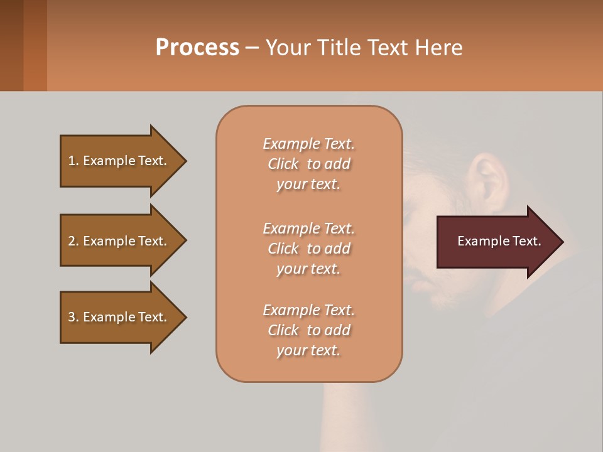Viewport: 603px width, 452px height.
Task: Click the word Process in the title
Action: click(x=197, y=48)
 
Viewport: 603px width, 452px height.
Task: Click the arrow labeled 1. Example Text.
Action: click(x=117, y=161)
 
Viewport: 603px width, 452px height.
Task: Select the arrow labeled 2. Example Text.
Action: click(x=117, y=241)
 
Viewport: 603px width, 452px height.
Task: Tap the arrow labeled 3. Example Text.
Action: click(x=117, y=317)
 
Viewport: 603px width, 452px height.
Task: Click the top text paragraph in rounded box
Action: click(x=308, y=164)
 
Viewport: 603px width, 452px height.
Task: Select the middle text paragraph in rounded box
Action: click(x=308, y=249)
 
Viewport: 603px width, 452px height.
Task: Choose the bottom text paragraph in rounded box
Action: click(x=308, y=330)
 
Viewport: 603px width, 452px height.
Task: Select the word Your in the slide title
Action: click(x=287, y=48)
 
